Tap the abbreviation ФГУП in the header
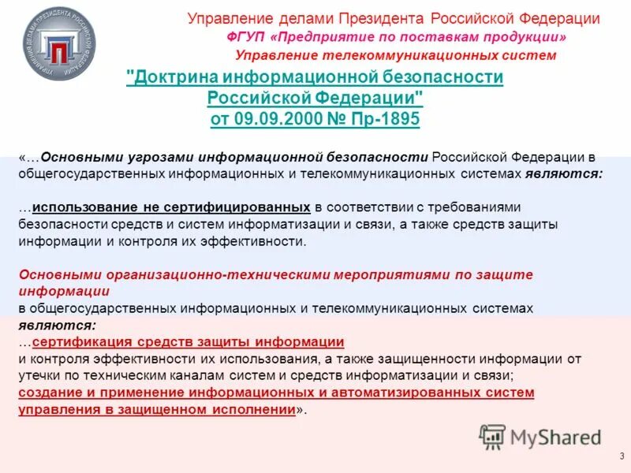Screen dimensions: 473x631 243,37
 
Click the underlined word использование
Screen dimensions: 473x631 84,207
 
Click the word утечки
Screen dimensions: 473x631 38,375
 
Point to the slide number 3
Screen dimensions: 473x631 622,456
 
